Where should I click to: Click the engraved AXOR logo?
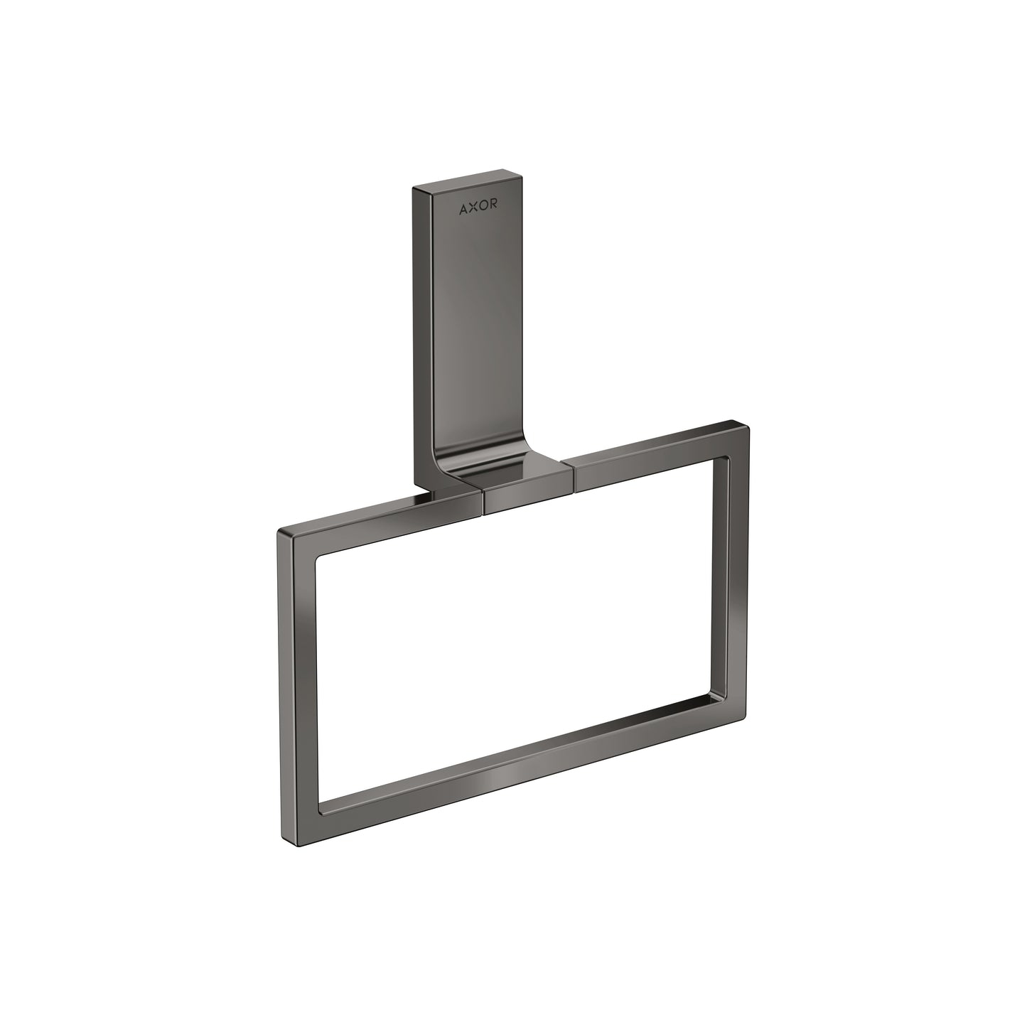(478, 208)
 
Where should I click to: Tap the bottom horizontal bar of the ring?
(519, 775)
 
